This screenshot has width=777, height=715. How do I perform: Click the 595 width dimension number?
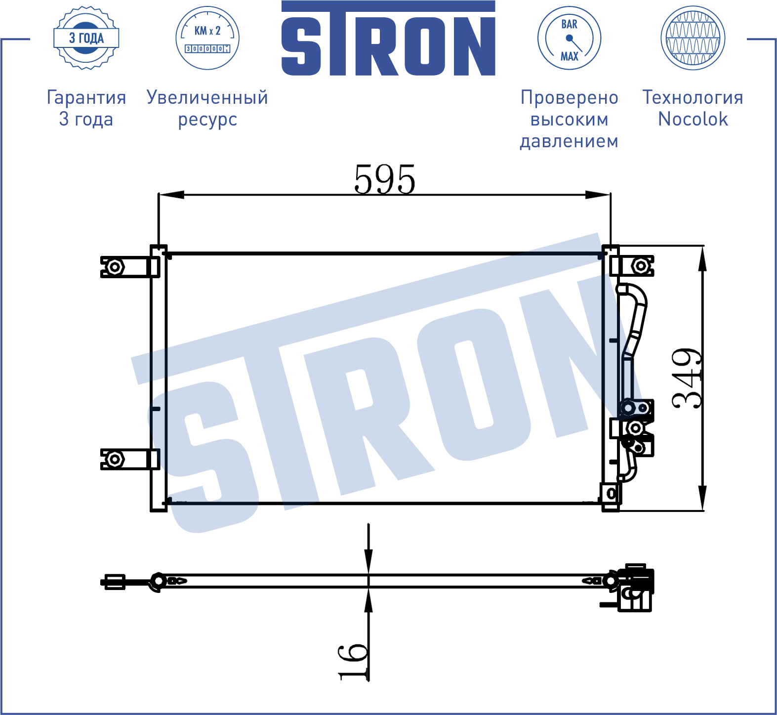pyautogui.click(x=385, y=179)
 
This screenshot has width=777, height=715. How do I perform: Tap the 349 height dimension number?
pyautogui.click(x=687, y=379)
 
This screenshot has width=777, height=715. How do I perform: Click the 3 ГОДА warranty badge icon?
pyautogui.click(x=86, y=38)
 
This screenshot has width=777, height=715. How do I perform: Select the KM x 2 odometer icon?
pyautogui.click(x=207, y=38)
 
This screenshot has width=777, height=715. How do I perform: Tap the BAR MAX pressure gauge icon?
pyautogui.click(x=569, y=38)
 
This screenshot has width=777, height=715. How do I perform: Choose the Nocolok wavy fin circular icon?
pyautogui.click(x=693, y=38)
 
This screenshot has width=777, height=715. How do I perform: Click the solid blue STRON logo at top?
pyautogui.click(x=388, y=39)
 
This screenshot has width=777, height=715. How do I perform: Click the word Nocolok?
pyautogui.click(x=693, y=119)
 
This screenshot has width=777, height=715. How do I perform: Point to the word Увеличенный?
pyautogui.click(x=207, y=97)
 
